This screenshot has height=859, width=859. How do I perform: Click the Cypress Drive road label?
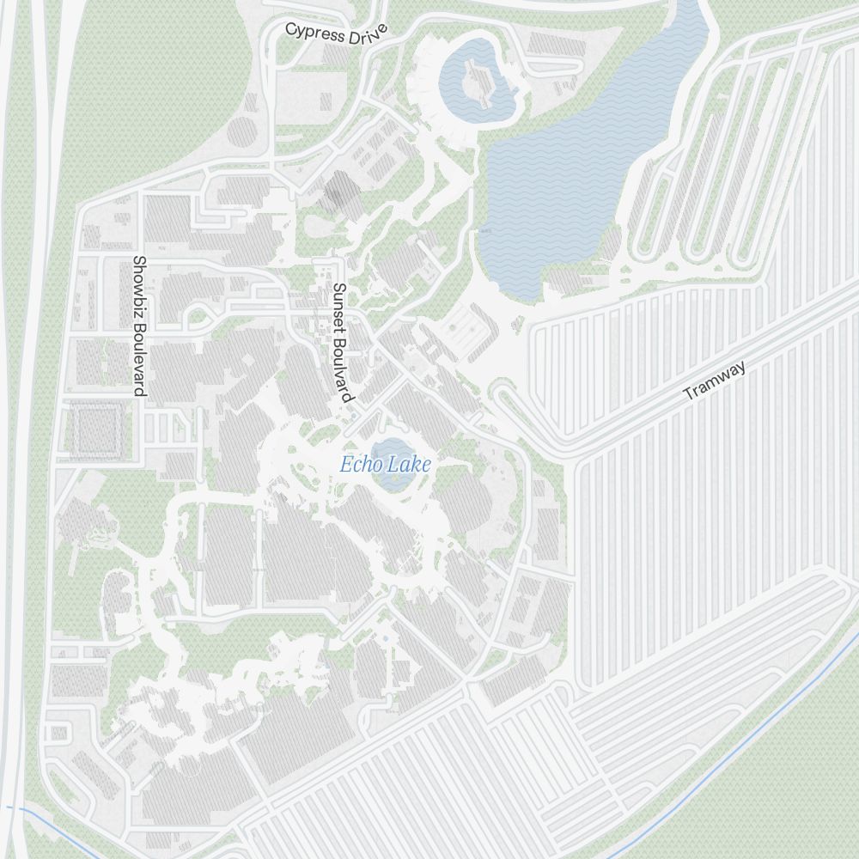tap(336, 33)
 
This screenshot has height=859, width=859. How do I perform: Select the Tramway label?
tap(715, 381)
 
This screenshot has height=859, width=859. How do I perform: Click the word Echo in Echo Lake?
tap(360, 466)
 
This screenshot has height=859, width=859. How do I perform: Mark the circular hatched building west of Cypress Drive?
tap(241, 132)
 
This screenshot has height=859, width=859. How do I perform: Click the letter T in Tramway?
tap(687, 395)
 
